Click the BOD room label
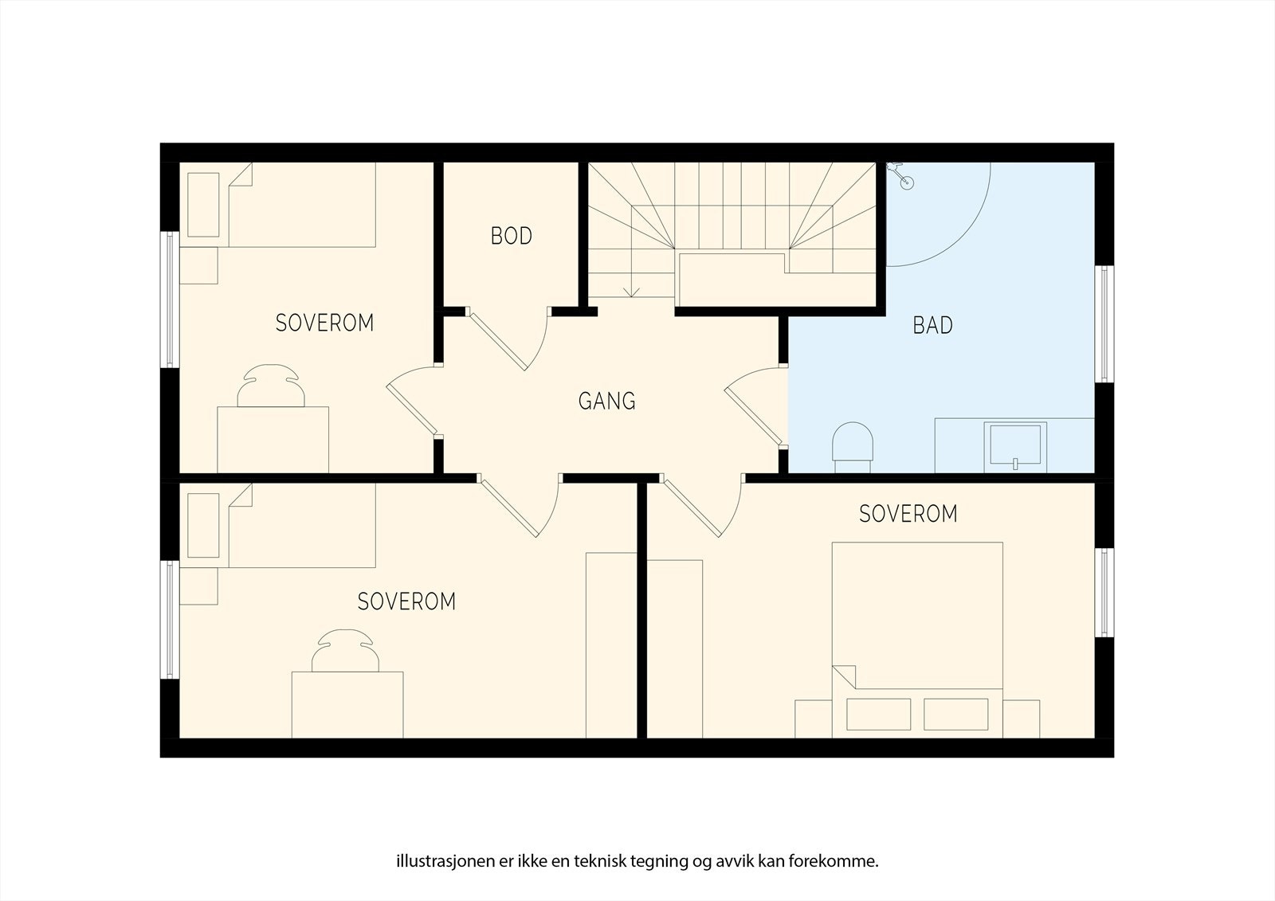pos(511,236)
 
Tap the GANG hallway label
pos(606,402)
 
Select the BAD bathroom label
pos(932,325)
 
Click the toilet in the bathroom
pos(852,447)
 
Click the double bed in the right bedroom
pos(917,640)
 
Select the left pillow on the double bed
pos(878,715)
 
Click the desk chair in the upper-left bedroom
pos(271,386)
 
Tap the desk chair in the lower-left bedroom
pos(345,651)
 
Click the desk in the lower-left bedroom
pos(347,705)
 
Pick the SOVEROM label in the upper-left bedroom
pos(324,323)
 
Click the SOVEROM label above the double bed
pos(908,514)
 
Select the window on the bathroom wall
pos(1104,324)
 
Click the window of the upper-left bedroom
pos(170,300)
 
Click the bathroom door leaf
pos(754,417)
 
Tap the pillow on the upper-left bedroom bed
pos(203,205)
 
